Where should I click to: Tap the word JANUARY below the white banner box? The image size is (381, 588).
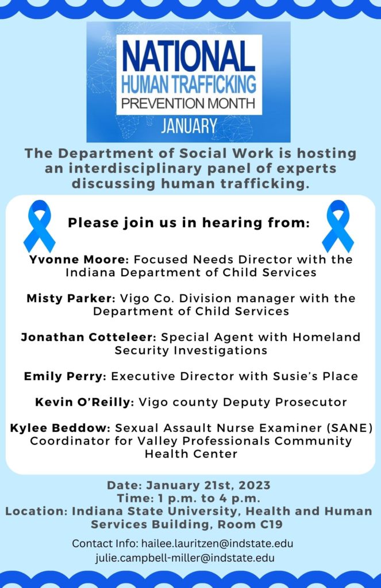coord(189,126)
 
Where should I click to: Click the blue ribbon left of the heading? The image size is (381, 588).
coord(39,226)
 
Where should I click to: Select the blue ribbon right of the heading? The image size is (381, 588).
coord(338,226)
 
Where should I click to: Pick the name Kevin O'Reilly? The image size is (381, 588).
coord(84,402)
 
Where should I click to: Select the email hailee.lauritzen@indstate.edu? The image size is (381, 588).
coord(217,543)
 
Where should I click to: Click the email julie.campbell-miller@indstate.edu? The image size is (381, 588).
coord(184,558)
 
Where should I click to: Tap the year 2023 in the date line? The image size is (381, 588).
coord(255,485)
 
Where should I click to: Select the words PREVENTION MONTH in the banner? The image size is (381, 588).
coord(188,103)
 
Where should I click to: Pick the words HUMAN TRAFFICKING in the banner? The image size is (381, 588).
coord(189,84)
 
